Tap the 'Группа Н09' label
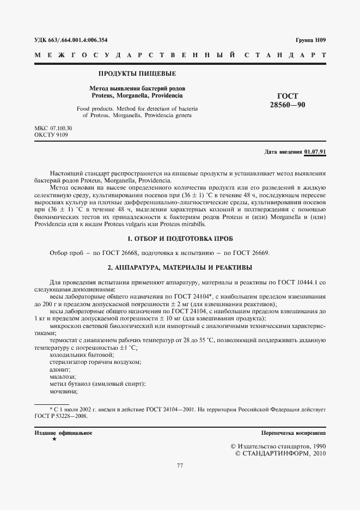311,40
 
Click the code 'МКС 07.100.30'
53,128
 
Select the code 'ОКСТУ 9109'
51,135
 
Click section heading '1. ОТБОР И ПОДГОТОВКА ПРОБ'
180,239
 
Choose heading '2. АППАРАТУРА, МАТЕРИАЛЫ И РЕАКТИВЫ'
180,267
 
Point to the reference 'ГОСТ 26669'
252,253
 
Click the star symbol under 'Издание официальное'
54,439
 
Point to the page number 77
180,465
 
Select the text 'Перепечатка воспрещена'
294,433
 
